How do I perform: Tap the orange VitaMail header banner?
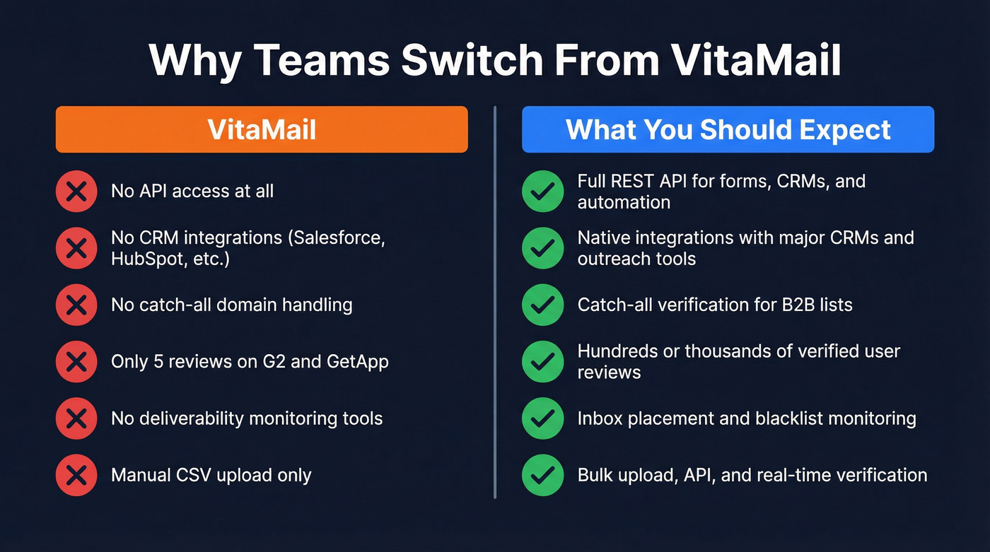[x=262, y=129]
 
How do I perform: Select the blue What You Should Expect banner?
[x=728, y=129]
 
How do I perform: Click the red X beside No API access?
[x=76, y=191]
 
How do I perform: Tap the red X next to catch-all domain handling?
[x=76, y=305]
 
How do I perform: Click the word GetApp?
[x=357, y=362]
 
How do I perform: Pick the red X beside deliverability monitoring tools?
[x=76, y=418]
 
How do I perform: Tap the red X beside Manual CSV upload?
[x=76, y=475]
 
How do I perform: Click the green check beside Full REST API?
[x=542, y=191]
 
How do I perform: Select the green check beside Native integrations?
[x=542, y=248]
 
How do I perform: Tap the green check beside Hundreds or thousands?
[x=542, y=362]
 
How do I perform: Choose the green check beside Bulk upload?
[x=542, y=475]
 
